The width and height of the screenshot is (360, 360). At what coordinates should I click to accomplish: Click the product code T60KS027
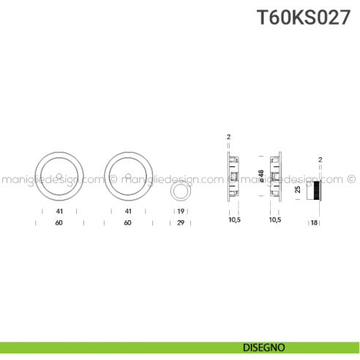(308, 18)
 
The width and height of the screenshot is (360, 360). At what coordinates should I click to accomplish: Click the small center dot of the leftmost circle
(58, 176)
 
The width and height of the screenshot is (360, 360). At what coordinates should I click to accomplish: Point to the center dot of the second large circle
(128, 176)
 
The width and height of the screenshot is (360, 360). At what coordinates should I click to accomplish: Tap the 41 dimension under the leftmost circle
(59, 211)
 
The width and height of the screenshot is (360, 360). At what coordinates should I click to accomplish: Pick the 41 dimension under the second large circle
(128, 211)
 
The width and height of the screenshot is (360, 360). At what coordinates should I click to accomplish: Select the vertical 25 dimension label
(298, 189)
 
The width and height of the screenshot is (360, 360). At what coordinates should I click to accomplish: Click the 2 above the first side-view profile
(228, 137)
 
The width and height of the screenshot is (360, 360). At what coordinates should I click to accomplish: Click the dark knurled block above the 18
(315, 189)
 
